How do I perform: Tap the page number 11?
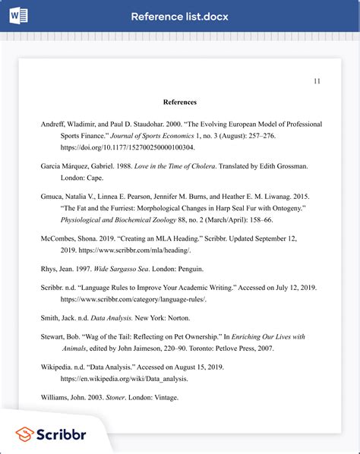[317, 81]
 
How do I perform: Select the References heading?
[180, 102]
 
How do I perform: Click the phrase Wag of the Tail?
[113, 336]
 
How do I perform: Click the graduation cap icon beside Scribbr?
[24, 434]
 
